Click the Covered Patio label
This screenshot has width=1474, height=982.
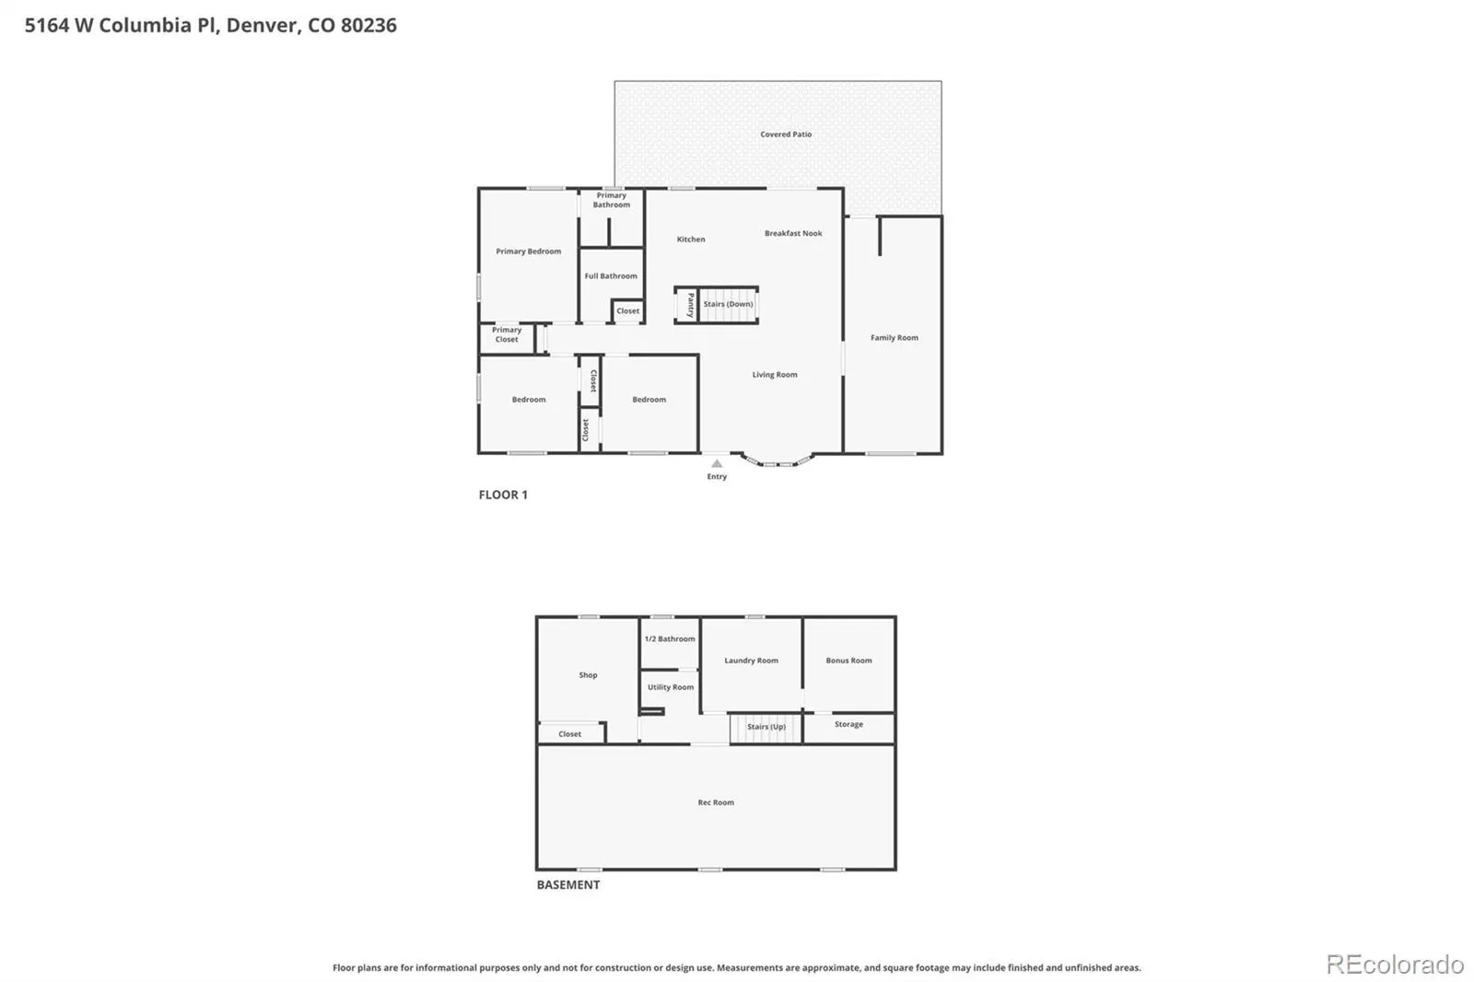pyautogui.click(x=786, y=134)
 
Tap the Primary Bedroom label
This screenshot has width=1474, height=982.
pyautogui.click(x=529, y=251)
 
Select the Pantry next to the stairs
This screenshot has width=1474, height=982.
pyautogui.click(x=686, y=306)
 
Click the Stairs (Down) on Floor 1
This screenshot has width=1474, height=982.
pyautogui.click(x=727, y=306)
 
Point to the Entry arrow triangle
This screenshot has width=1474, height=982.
pyautogui.click(x=717, y=463)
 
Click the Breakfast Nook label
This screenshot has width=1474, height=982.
pyautogui.click(x=793, y=233)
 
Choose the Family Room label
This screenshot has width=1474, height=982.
pyautogui.click(x=895, y=338)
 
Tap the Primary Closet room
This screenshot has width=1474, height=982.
pyautogui.click(x=507, y=339)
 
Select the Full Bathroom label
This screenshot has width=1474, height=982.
pyautogui.click(x=611, y=275)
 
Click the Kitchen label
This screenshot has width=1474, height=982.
pyautogui.click(x=691, y=239)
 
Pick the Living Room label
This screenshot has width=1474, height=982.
pyautogui.click(x=775, y=375)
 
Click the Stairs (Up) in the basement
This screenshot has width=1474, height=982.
pyautogui.click(x=766, y=728)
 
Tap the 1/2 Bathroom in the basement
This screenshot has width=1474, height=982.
pyautogui.click(x=670, y=643)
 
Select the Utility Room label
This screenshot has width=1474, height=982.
pyautogui.click(x=671, y=687)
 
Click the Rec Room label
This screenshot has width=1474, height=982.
pyautogui.click(x=716, y=802)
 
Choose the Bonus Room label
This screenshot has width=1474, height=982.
pyautogui.click(x=848, y=661)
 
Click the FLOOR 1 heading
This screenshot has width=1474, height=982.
pyautogui.click(x=503, y=495)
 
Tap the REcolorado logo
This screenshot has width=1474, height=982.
pyautogui.click(x=1395, y=964)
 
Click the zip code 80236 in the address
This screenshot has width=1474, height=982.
pyautogui.click(x=368, y=25)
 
